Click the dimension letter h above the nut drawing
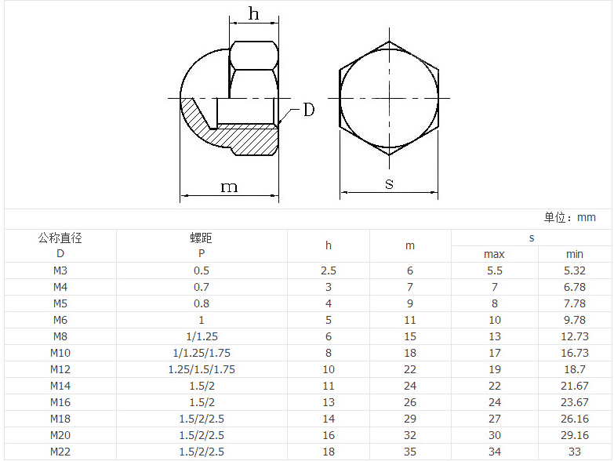(x=253, y=13)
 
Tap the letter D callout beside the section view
(x=309, y=110)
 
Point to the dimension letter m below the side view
(x=229, y=187)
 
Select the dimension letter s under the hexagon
(x=389, y=183)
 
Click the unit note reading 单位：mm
(x=570, y=218)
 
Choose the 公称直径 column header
(x=60, y=238)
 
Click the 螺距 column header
(x=202, y=238)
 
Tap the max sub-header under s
(x=494, y=254)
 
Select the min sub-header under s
(x=575, y=254)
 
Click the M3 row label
(x=60, y=270)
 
